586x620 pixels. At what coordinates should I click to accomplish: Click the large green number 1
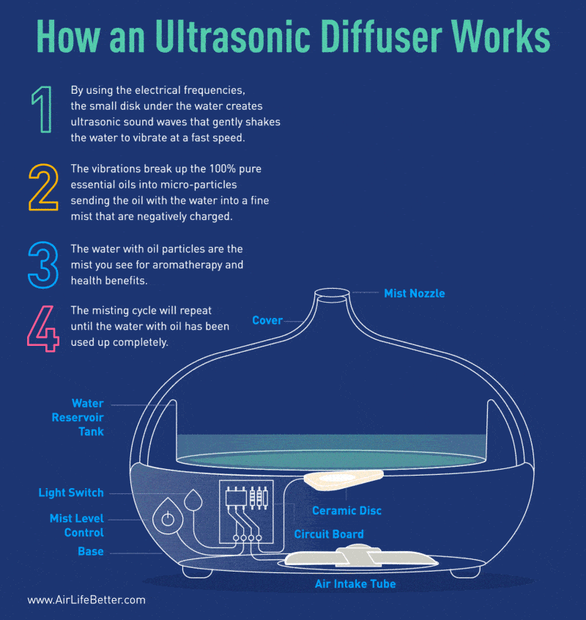(42, 110)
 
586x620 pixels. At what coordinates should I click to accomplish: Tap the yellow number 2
(42, 188)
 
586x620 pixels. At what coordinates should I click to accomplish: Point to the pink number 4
(42, 327)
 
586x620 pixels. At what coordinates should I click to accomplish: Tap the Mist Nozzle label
(414, 293)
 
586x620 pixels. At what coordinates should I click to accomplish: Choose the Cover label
(267, 320)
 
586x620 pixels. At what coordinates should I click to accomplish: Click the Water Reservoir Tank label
(78, 418)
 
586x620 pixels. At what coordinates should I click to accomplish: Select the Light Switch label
(71, 492)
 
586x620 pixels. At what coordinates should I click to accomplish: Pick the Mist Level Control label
(77, 525)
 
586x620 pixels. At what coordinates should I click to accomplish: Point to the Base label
(91, 551)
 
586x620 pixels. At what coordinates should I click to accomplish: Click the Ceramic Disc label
(346, 510)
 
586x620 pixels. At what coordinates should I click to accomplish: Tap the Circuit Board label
(328, 534)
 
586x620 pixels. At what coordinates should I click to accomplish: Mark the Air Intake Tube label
(355, 584)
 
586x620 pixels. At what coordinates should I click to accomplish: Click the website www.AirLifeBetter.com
(86, 599)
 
